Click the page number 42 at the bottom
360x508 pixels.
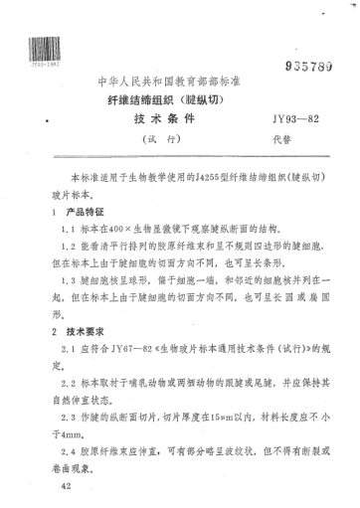[66, 488]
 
